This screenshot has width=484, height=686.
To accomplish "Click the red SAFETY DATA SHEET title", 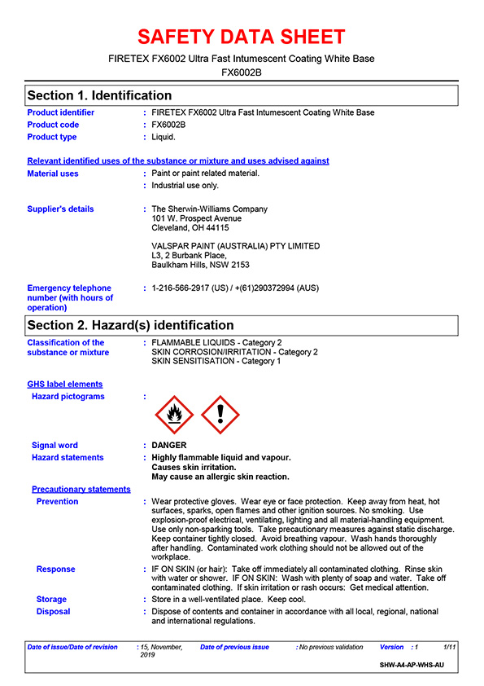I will click(x=242, y=37).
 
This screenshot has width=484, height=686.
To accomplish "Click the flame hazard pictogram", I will click(x=174, y=416).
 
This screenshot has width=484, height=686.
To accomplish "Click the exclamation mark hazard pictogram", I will click(x=220, y=416).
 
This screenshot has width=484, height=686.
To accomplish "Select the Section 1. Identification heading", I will click(x=99, y=95).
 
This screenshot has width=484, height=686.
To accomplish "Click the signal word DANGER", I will click(x=169, y=446).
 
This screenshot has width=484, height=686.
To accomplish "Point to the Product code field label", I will click(x=54, y=125).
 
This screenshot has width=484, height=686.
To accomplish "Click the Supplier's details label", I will click(x=60, y=209).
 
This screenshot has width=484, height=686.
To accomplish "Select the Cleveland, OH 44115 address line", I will click(x=190, y=229).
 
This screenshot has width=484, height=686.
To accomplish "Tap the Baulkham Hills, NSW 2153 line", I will click(x=201, y=266).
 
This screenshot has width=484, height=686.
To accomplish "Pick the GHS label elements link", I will click(x=65, y=385).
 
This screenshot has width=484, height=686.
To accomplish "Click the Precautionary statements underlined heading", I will click(x=81, y=490).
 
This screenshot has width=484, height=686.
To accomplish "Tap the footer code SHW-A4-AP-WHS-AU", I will click(x=412, y=666).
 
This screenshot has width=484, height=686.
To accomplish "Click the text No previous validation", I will click(x=331, y=647).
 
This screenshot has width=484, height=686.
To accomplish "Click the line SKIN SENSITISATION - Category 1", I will click(x=216, y=361).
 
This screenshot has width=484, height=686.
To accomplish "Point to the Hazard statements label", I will click(x=68, y=458).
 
